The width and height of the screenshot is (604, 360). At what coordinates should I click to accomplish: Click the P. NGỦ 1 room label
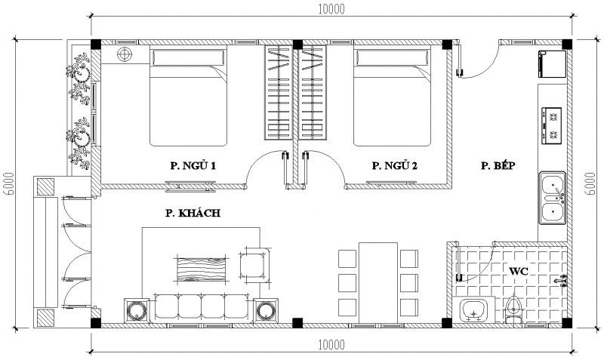pos(193,165)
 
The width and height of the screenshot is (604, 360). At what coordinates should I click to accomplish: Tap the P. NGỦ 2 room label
pos(394,165)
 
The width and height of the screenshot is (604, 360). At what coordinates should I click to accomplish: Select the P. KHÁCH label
pos(193,213)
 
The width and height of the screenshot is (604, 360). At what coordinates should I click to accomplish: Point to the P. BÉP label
pos(498,165)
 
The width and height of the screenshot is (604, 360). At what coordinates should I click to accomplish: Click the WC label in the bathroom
pos(519,272)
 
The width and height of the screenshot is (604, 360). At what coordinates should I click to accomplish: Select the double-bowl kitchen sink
pos(552,198)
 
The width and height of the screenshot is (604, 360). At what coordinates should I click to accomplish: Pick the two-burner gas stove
pos(551,126)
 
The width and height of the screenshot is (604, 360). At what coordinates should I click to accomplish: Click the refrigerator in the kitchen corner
pos(553,64)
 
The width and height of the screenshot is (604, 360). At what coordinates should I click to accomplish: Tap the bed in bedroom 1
pos(188,96)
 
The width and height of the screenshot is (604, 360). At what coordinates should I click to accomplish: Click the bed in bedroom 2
pos(392,96)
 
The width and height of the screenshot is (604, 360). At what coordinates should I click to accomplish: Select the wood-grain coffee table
pos(201,269)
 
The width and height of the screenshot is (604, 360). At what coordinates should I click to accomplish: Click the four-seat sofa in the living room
pos(202,308)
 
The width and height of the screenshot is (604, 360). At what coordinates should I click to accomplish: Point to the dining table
pos(378,283)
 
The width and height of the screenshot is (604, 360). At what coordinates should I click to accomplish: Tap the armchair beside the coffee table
pos(254,264)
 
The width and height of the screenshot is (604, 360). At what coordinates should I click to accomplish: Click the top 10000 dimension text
pos(331,9)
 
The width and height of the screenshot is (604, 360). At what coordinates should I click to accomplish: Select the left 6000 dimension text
pos(8,183)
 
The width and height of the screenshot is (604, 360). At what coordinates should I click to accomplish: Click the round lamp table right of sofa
pos(266,311)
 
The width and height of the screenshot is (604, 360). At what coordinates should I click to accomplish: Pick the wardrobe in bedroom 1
pos(278,92)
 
